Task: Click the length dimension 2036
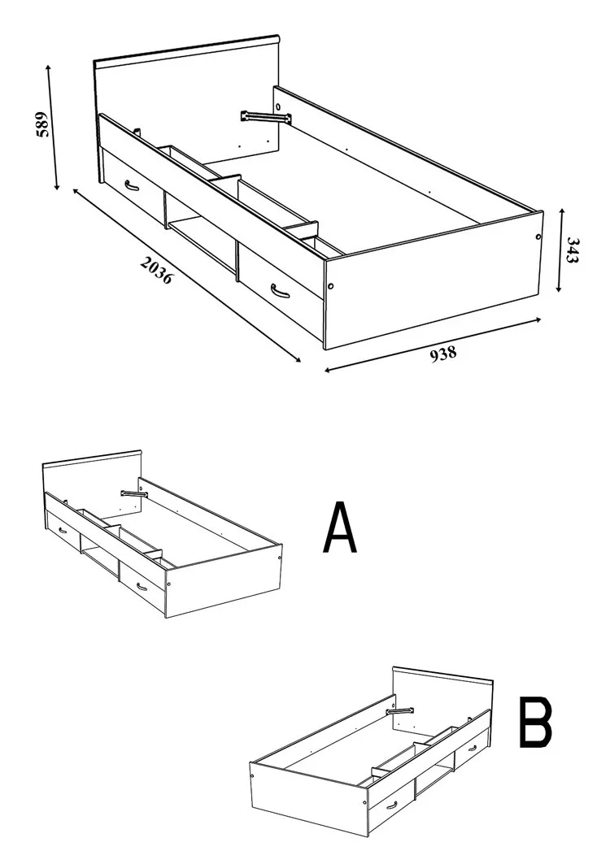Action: tap(157, 271)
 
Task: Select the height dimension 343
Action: tap(573, 250)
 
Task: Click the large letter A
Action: tap(340, 527)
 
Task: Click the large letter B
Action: tap(535, 723)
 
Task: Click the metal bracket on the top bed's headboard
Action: tap(265, 117)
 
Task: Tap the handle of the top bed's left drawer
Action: tap(131, 185)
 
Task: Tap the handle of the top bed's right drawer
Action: tap(280, 290)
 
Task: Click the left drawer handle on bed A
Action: tap(62, 530)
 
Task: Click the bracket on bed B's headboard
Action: tap(400, 711)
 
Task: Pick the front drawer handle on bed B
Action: tap(391, 805)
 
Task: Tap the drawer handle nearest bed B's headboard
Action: tap(473, 749)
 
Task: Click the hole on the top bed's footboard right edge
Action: tap(538, 237)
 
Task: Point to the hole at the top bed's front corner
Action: tap(330, 287)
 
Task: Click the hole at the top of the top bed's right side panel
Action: tap(278, 105)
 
